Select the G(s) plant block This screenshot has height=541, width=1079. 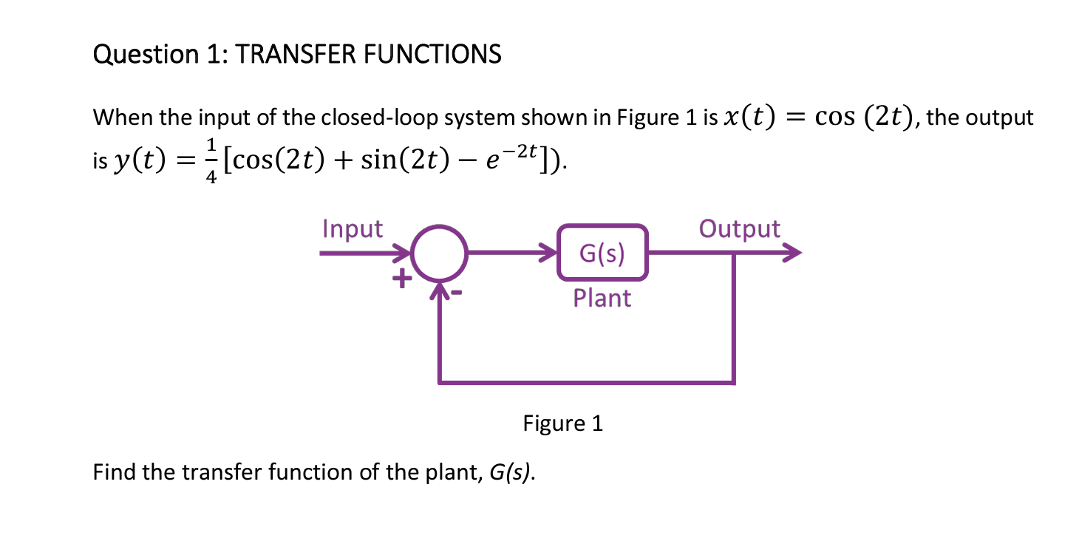click(602, 254)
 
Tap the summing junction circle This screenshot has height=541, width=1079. click(439, 254)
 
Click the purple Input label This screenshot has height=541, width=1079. click(353, 229)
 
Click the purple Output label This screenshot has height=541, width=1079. click(739, 229)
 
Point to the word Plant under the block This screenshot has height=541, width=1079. click(602, 298)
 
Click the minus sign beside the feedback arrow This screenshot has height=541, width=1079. click(457, 293)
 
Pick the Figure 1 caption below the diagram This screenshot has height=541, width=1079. click(562, 423)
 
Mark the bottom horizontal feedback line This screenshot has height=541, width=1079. click(586, 383)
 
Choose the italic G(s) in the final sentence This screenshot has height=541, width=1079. click(511, 472)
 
